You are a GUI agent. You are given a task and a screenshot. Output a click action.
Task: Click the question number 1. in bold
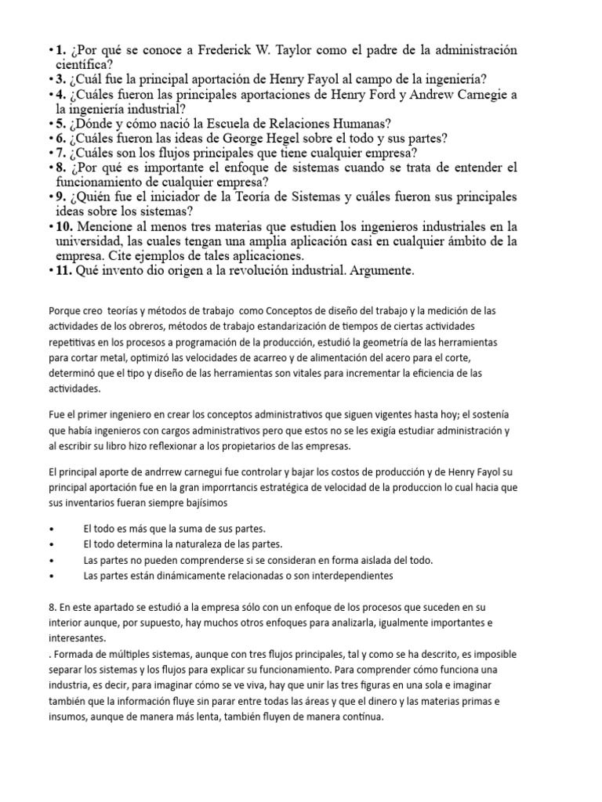[x=60, y=51]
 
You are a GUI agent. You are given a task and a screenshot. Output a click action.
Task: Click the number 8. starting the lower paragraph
[x=53, y=608]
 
